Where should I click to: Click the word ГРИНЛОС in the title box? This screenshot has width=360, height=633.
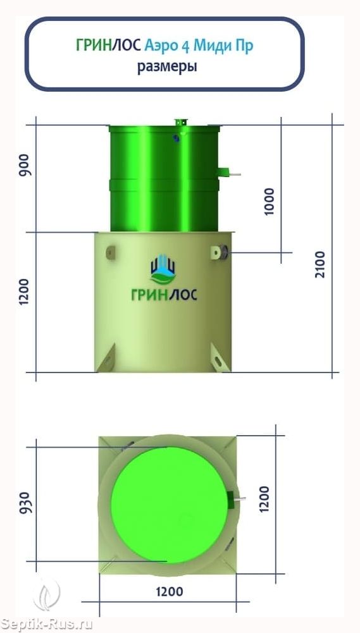pos(109,46)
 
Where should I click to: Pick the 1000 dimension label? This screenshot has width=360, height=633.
pos(268,202)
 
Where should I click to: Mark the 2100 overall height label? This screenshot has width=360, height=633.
pos(320,264)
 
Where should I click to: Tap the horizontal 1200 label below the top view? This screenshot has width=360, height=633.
pos(170,592)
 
